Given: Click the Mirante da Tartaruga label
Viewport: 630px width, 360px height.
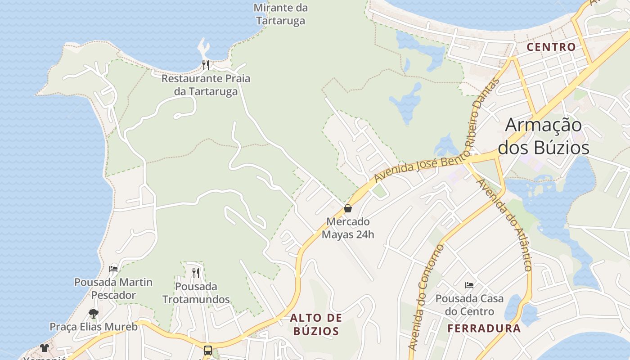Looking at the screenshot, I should click(281, 14).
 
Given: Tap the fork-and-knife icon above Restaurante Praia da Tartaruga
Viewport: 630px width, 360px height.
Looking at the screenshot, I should click(206, 65).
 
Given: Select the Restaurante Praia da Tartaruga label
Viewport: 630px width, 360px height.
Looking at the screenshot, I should click(206, 85).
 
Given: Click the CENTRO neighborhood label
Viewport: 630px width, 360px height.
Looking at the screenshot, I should click(551, 47).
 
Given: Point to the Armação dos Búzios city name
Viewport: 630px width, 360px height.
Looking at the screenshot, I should click(544, 136).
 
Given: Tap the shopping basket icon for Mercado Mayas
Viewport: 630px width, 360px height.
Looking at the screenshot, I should click(347, 208).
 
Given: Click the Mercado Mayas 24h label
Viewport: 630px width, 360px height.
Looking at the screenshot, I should click(348, 228).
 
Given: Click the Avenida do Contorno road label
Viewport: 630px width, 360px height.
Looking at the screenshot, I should click(426, 297).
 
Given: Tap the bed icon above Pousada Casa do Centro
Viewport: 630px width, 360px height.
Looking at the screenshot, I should click(469, 285).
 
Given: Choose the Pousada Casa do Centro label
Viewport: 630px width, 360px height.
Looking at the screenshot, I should click(469, 305).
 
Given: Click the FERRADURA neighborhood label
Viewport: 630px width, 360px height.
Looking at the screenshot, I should click(484, 328).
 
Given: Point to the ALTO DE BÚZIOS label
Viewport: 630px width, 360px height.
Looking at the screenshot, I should click(316, 324).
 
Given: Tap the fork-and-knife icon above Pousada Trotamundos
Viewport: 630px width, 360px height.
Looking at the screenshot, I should click(196, 273).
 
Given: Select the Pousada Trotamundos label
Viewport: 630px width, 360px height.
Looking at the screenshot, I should click(196, 292).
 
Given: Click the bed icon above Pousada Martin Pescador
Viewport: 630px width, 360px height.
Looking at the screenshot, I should click(113, 269).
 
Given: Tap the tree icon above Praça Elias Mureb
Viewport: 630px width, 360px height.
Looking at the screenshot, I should click(94, 313).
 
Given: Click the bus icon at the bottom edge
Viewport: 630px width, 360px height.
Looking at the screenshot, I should click(208, 350).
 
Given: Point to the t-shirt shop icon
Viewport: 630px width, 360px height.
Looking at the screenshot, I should click(45, 347).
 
